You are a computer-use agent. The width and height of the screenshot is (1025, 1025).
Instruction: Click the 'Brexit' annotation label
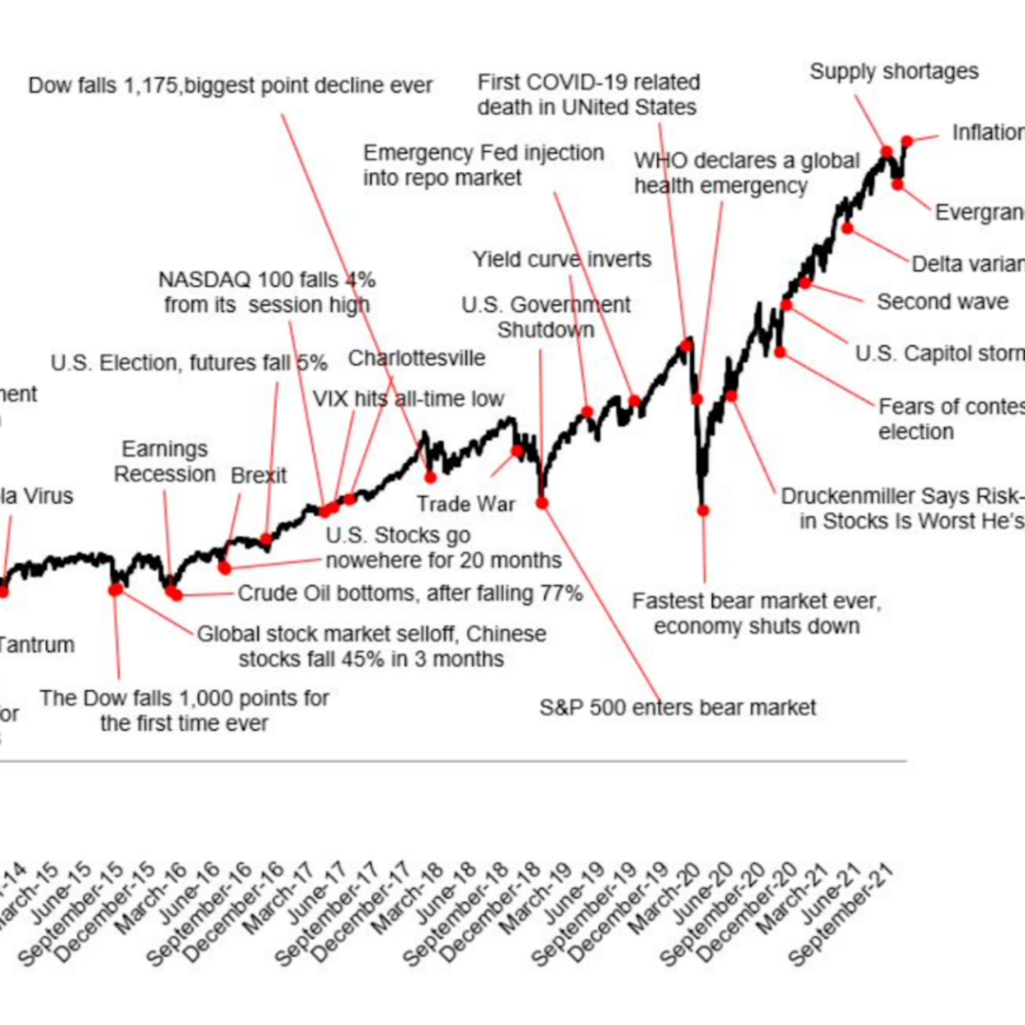click(x=258, y=476)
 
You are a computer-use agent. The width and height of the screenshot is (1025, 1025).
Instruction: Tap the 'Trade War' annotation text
click(x=466, y=504)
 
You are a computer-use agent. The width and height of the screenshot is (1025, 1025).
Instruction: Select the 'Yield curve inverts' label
click(x=562, y=259)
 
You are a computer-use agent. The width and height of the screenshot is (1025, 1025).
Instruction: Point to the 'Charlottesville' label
click(x=416, y=358)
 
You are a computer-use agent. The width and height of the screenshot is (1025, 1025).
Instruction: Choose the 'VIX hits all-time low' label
click(x=408, y=399)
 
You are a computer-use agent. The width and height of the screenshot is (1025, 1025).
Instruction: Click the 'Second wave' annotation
click(x=943, y=302)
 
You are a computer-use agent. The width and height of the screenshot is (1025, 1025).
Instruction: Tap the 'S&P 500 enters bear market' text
click(x=678, y=707)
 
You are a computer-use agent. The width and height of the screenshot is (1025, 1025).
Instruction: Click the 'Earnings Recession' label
click(x=165, y=462)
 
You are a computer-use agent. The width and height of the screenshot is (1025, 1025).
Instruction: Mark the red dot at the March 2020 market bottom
click(x=703, y=510)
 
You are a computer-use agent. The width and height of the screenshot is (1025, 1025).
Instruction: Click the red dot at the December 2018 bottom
click(x=542, y=502)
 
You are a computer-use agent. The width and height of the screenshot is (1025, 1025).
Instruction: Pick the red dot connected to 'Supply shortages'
click(x=887, y=152)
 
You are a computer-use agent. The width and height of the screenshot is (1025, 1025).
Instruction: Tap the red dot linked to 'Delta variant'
click(x=848, y=229)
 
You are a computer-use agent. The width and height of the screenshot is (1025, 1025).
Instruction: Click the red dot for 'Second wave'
click(x=805, y=283)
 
